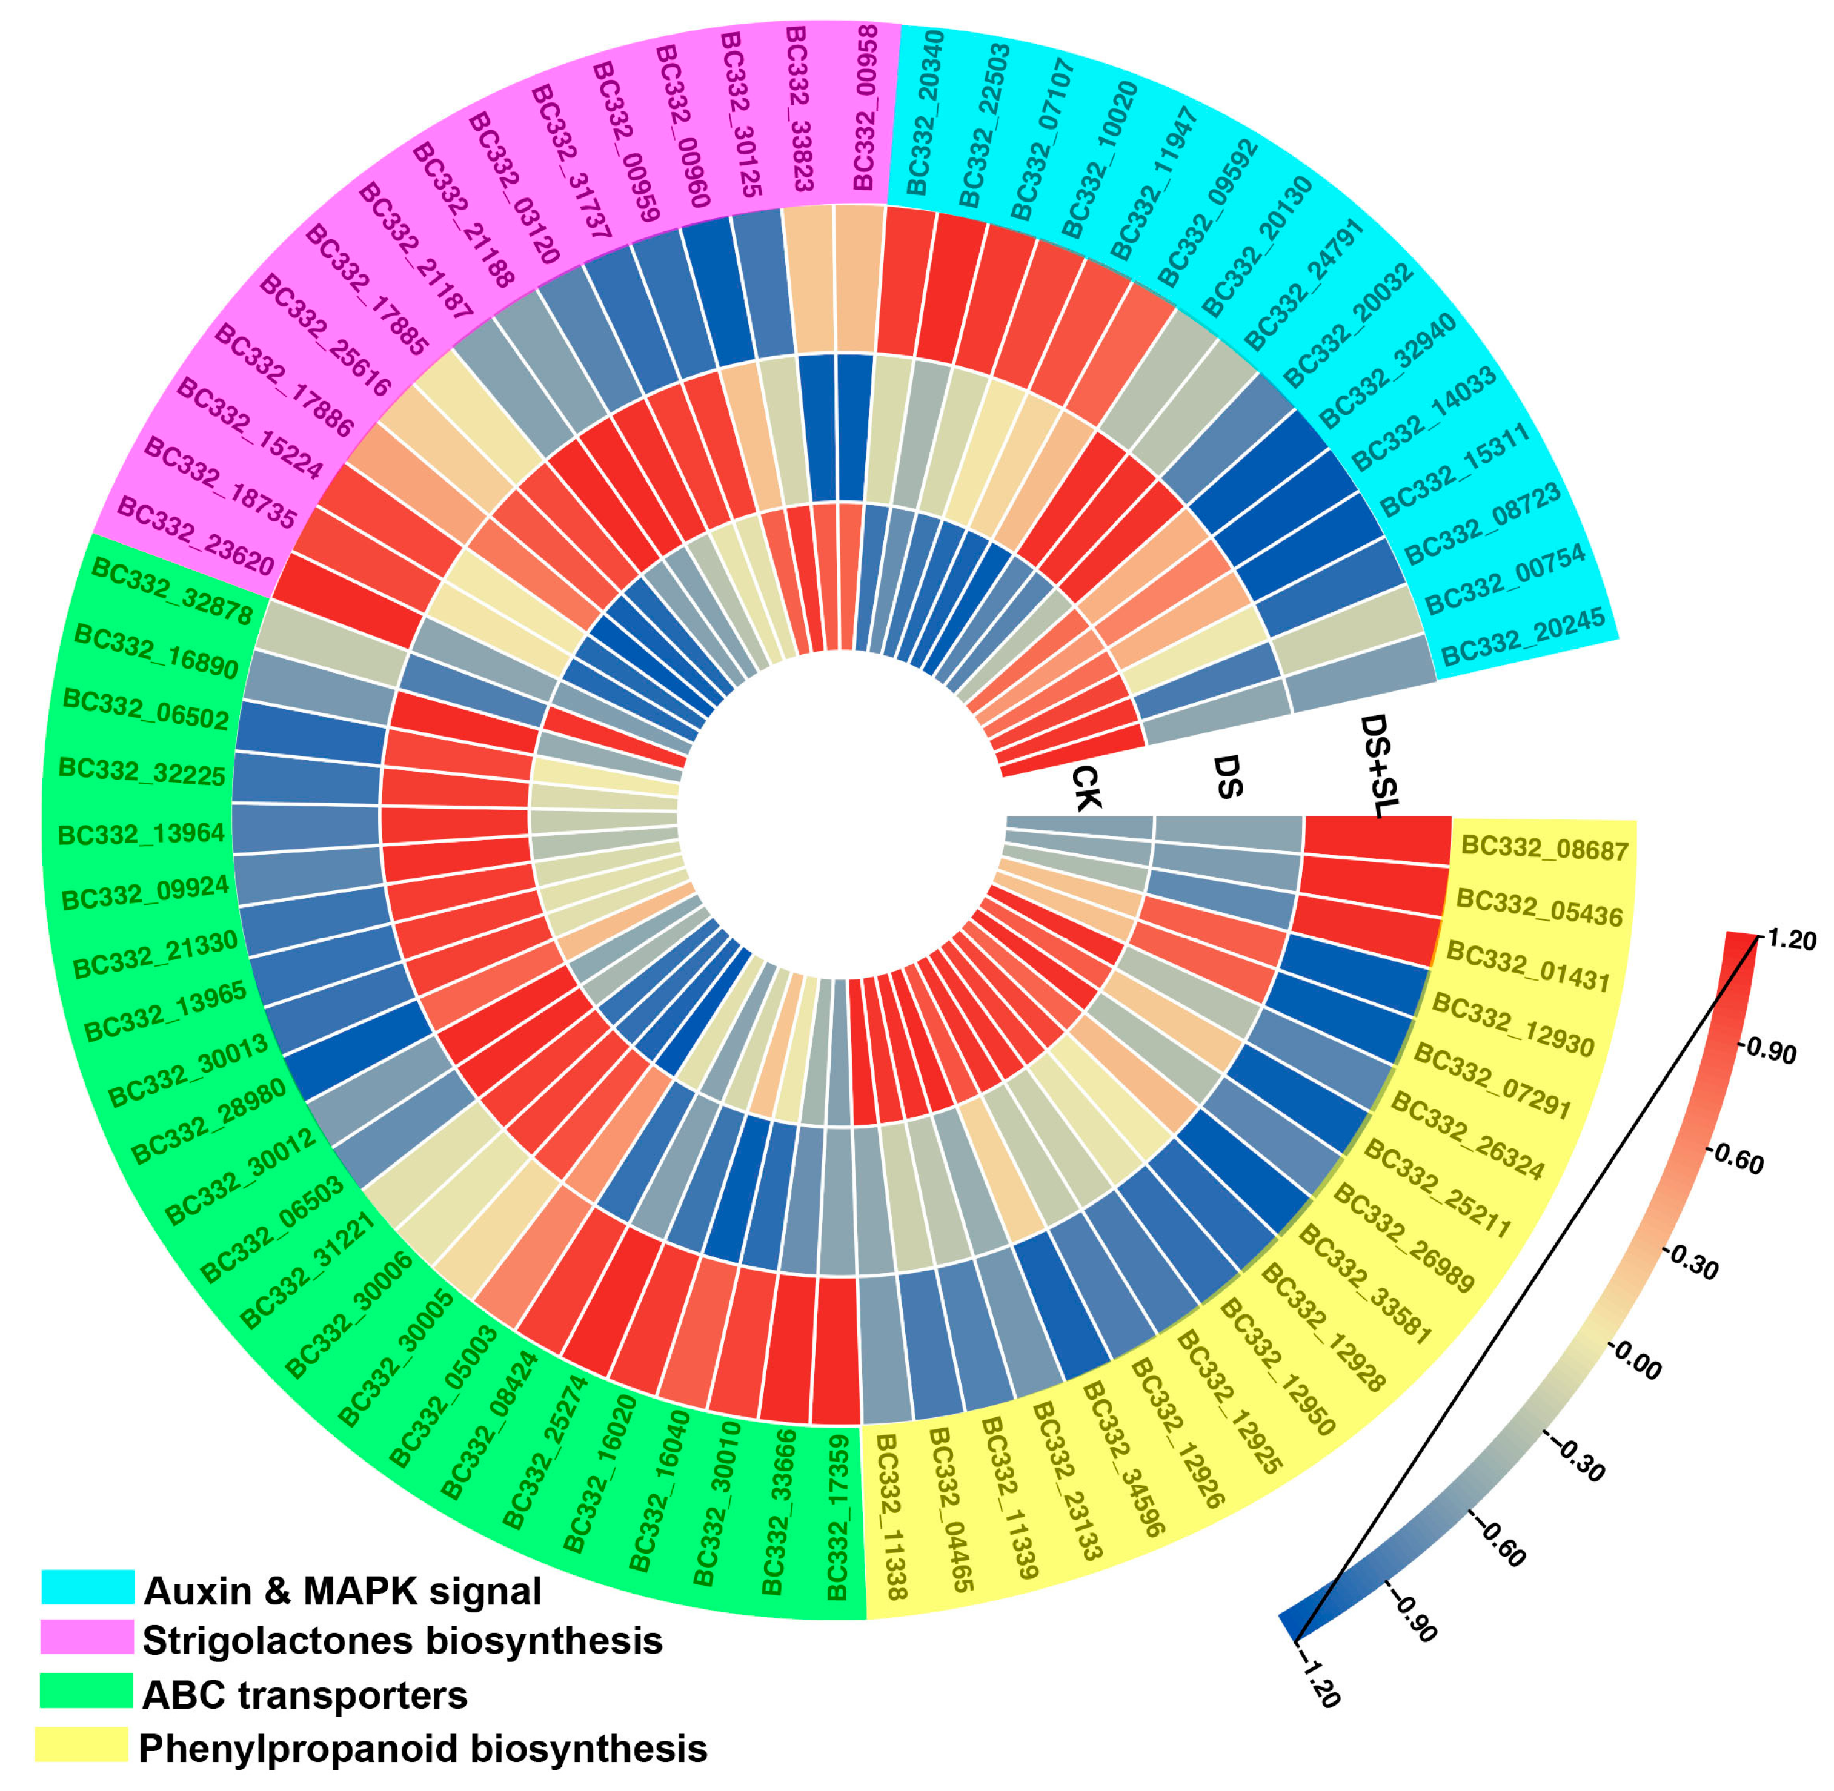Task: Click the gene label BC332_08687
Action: click(x=1544, y=849)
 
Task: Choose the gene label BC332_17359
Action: click(x=837, y=1517)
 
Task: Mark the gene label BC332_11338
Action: click(x=890, y=1517)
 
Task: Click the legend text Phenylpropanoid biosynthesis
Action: click(x=422, y=1749)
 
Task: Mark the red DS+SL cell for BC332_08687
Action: click(x=1377, y=840)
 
